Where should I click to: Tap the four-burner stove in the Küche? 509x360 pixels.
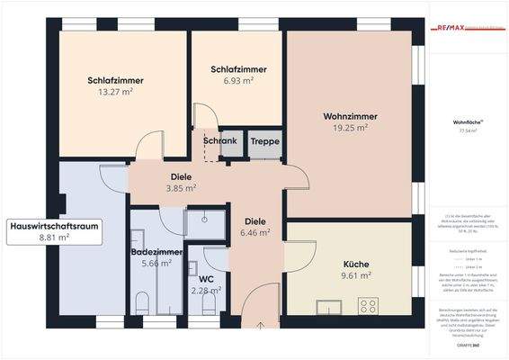(369, 306)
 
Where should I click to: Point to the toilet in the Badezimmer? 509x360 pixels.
(142, 301)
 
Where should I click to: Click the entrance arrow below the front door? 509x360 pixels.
(260, 326)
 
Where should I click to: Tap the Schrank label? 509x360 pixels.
(219, 141)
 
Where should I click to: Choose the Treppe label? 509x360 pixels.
(264, 141)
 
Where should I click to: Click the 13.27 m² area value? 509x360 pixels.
(116, 92)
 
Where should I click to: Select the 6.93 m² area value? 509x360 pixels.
(238, 81)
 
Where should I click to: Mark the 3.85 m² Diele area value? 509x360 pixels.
(181, 189)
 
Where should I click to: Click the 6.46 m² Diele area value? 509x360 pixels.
(256, 231)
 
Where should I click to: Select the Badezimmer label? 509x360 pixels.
(156, 252)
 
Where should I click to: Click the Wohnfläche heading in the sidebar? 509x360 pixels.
(465, 121)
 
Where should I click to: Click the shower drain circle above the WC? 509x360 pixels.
(205, 219)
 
